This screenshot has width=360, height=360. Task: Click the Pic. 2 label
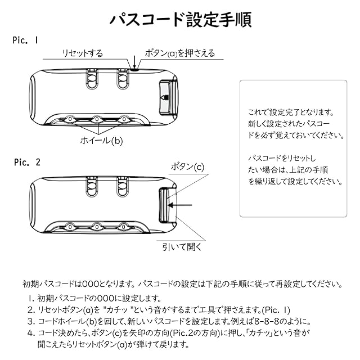[26, 162]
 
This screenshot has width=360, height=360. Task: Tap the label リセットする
[83, 53]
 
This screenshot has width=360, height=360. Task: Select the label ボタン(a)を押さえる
[179, 53]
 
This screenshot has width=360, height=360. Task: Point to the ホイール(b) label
[100, 141]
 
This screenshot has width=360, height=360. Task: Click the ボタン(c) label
[187, 168]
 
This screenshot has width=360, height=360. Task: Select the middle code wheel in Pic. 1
[97, 119]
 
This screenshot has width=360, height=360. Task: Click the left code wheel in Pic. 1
[70, 119]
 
